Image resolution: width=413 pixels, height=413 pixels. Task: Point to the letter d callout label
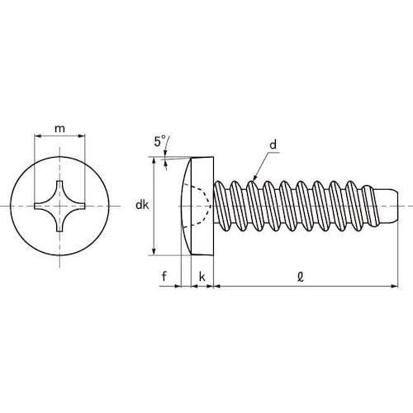[272, 146]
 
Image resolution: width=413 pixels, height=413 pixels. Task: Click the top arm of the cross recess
[60, 184]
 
